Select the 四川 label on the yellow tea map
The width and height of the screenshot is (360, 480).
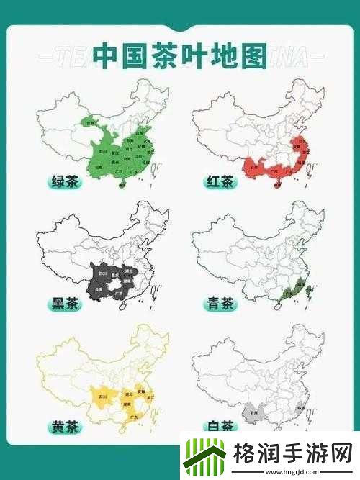(102, 397)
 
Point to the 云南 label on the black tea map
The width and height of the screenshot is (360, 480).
(99, 289)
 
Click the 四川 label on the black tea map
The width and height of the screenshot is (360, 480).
(102, 274)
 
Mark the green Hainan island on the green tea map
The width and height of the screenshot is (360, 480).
(121, 185)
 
